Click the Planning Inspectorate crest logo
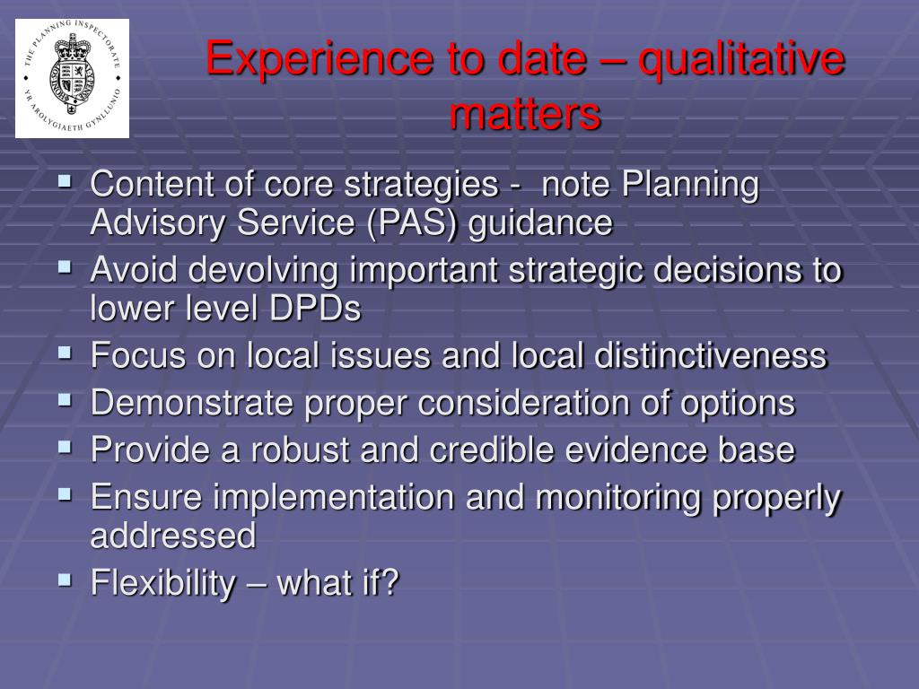pyautogui.click(x=72, y=79)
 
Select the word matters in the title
pyautogui.click(x=525, y=113)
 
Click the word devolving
pyautogui.click(x=264, y=271)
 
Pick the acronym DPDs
pyautogui.click(x=315, y=308)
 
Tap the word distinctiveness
pyautogui.click(x=711, y=355)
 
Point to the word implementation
pyautogui.click(x=334, y=498)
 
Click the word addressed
pyautogui.click(x=173, y=535)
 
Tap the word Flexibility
pyautogui.click(x=163, y=583)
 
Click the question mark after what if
pyautogui.click(x=389, y=581)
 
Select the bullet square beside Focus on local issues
pyautogui.click(x=65, y=353)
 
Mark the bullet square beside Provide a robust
pyautogui.click(x=65, y=447)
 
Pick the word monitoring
pyautogui.click(x=618, y=498)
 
